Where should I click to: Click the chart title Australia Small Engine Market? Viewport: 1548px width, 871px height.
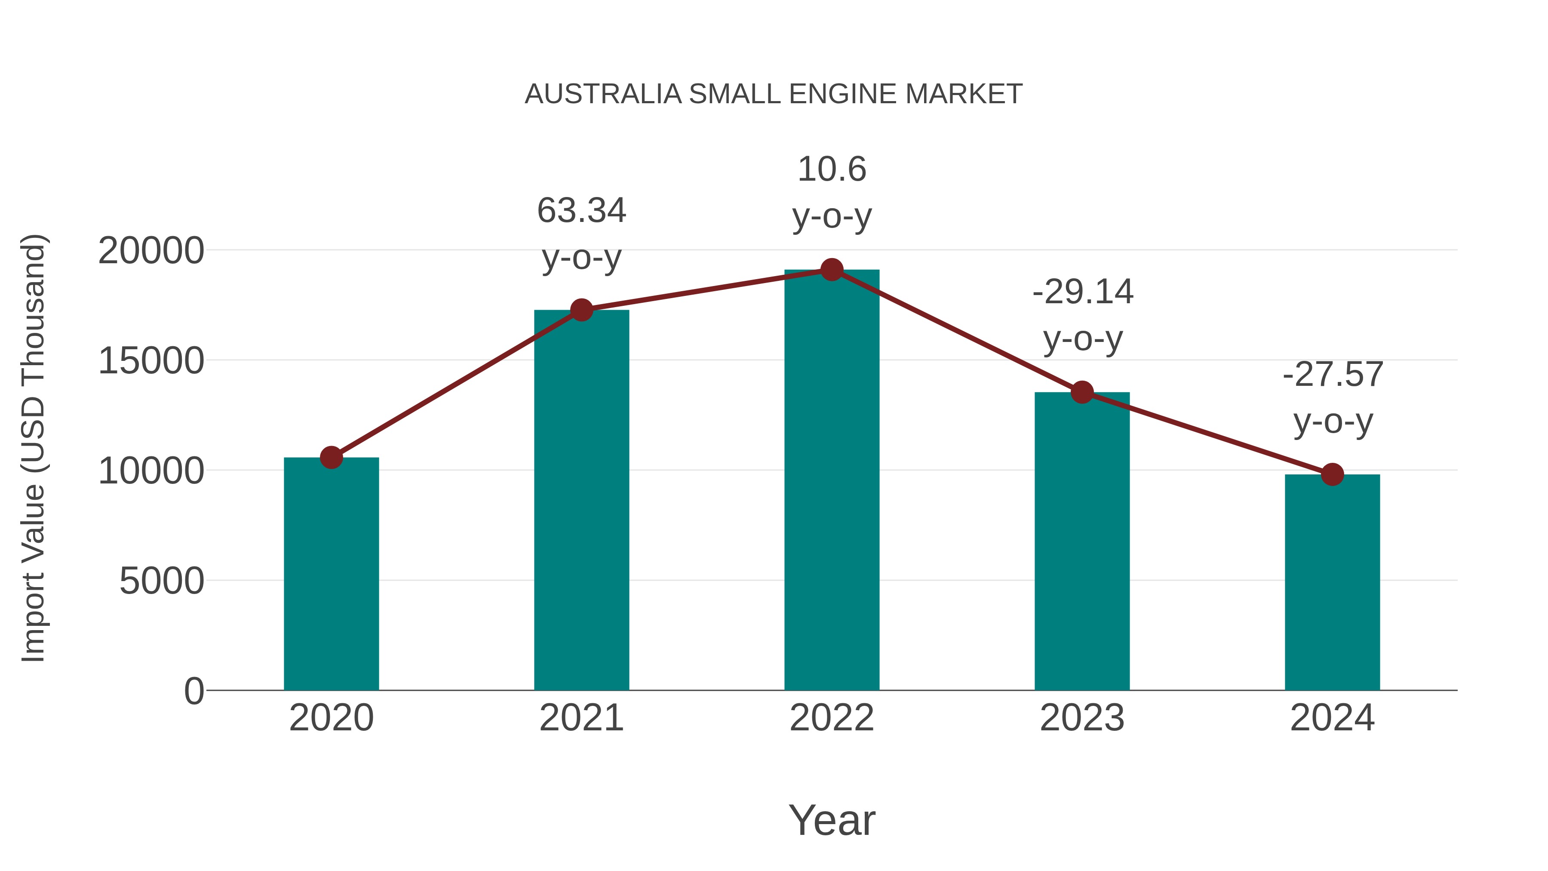click(774, 94)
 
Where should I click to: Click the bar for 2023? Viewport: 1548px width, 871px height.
click(1082, 541)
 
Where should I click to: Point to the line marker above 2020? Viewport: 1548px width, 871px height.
click(331, 458)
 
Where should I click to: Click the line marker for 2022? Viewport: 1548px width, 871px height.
click(832, 270)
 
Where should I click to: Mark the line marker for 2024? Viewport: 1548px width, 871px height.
click(1332, 474)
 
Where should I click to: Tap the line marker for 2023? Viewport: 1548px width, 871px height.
click(1082, 393)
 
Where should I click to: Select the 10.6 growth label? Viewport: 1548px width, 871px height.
click(832, 169)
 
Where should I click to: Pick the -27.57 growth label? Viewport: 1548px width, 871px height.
click(1333, 375)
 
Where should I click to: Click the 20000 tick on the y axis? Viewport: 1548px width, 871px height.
click(151, 251)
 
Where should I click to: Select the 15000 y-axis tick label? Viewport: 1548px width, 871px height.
click(151, 361)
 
